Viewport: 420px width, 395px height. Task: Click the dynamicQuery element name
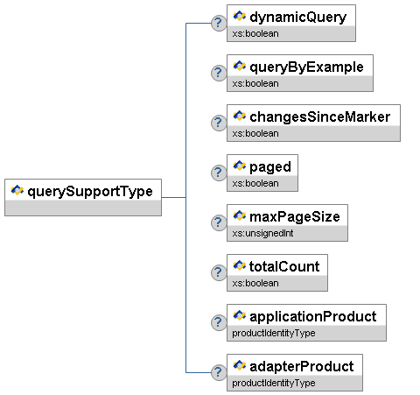297,18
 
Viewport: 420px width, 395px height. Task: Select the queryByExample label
306,67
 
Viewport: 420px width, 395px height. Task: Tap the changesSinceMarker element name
319,116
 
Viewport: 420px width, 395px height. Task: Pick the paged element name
270,167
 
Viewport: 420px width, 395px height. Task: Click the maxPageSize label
295,217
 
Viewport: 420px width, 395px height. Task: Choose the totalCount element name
284,266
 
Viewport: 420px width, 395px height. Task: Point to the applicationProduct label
313,317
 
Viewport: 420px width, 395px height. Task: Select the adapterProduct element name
302,367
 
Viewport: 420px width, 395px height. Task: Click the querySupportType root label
90,192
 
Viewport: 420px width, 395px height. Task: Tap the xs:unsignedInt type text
262,233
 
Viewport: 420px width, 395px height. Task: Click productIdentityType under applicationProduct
274,333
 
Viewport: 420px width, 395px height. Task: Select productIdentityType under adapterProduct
274,383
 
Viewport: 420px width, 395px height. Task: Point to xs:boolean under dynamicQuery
255,33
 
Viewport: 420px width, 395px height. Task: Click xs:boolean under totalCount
255,283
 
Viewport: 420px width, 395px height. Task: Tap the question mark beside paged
219,173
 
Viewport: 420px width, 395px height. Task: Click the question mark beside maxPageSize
219,222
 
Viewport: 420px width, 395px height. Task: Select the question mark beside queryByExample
219,73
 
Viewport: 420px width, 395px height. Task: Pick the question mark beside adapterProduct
219,372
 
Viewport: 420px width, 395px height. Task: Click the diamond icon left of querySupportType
17,190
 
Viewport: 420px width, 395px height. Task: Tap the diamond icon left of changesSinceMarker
240,116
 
